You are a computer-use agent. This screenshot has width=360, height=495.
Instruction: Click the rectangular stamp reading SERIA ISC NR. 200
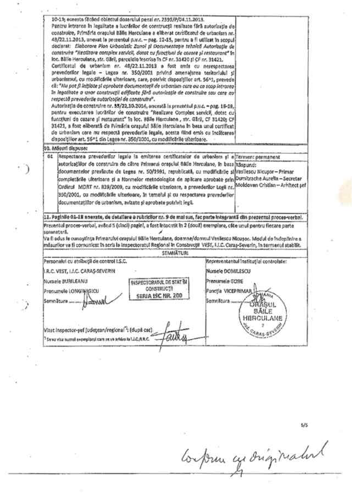pos(159,289)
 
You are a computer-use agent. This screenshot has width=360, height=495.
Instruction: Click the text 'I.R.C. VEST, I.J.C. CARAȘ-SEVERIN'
pos(82,271)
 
